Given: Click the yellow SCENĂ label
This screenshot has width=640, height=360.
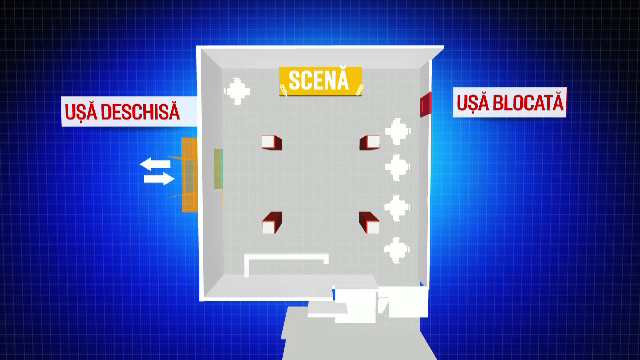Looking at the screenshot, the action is pyautogui.click(x=320, y=81).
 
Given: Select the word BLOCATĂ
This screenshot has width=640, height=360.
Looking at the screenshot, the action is pyautogui.click(x=528, y=102).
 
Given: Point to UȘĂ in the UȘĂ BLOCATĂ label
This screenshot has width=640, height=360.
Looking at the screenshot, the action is pyautogui.click(x=473, y=102).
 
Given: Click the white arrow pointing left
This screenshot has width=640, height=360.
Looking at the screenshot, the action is pyautogui.click(x=154, y=163).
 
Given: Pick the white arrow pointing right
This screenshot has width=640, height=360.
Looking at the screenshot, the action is pyautogui.click(x=158, y=179).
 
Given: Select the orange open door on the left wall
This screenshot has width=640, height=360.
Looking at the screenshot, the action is pyautogui.click(x=187, y=176).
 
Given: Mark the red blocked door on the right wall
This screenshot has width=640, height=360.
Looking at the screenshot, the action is pyautogui.click(x=425, y=104).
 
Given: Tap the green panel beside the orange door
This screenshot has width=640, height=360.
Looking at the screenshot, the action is pyautogui.click(x=217, y=167).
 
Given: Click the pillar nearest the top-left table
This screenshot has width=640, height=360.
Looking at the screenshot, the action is pyautogui.click(x=271, y=142).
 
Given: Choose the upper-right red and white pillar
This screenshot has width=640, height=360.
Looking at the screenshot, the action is pyautogui.click(x=368, y=142).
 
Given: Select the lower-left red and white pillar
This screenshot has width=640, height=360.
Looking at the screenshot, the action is pyautogui.click(x=270, y=223).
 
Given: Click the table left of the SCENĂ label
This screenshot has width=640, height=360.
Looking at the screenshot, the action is pyautogui.click(x=238, y=92).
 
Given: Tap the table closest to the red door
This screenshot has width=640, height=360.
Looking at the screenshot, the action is pyautogui.click(x=398, y=131).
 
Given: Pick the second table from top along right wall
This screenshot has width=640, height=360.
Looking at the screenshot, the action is pyautogui.click(x=397, y=167).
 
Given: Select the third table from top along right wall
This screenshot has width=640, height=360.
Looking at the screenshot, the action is pyautogui.click(x=397, y=207).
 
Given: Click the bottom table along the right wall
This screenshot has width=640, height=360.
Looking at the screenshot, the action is pyautogui.click(x=397, y=246).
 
